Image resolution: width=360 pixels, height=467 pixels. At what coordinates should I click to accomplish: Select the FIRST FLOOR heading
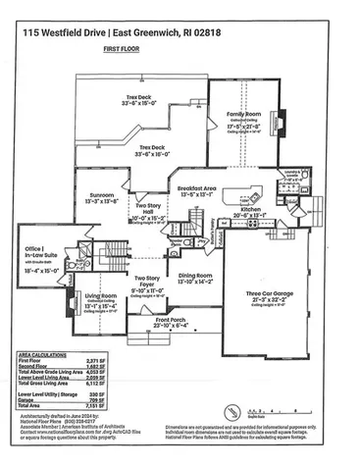pyautogui.click(x=180, y=47)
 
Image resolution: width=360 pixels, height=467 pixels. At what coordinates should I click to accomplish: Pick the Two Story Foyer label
pyautogui.click(x=150, y=285)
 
